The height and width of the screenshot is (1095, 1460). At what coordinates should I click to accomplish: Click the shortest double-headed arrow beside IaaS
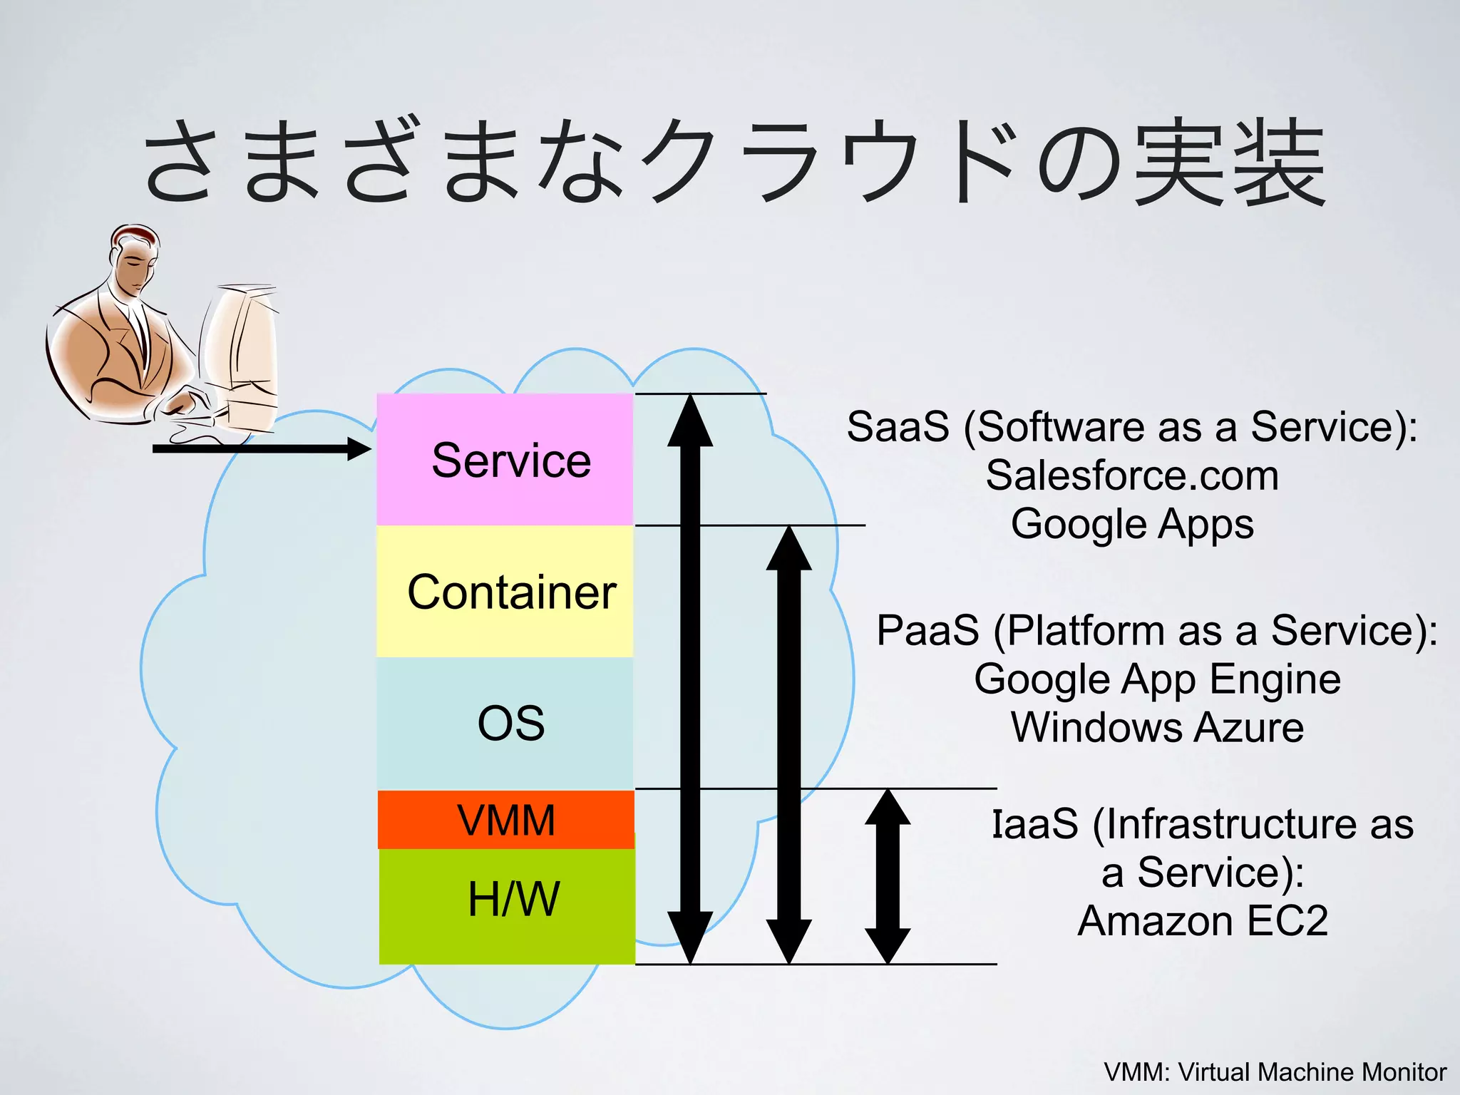(888, 877)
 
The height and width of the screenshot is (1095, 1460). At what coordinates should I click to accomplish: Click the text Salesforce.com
(1132, 475)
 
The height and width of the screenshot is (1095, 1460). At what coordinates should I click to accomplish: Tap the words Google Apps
(1132, 524)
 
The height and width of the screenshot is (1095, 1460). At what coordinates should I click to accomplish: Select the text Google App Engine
(1157, 679)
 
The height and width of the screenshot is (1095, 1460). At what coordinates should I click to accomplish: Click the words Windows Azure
(1157, 728)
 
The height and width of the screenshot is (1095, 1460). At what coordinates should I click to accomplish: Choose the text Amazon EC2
(1203, 921)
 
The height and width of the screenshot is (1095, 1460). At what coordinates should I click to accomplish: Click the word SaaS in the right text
(898, 427)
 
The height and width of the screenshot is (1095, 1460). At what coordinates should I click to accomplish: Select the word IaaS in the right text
(1035, 824)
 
